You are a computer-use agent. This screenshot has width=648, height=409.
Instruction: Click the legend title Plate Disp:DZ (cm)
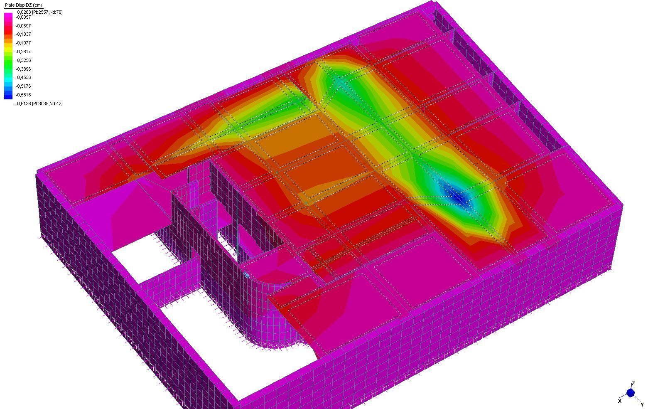[24, 5]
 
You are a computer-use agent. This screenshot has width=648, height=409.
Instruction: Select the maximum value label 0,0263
[24, 12]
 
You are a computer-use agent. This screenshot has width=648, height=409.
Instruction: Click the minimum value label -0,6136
[23, 103]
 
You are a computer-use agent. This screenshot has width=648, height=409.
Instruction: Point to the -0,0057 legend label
[23, 17]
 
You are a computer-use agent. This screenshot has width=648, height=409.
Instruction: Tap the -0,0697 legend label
[23, 26]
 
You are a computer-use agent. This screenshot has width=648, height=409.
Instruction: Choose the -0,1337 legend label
[23, 34]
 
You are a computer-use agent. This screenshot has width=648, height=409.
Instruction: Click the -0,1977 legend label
[23, 43]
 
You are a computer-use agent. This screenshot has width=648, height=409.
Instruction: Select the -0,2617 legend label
[23, 52]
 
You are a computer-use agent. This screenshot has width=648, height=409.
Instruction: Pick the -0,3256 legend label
[23, 60]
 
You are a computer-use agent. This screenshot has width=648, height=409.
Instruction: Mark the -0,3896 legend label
[23, 69]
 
